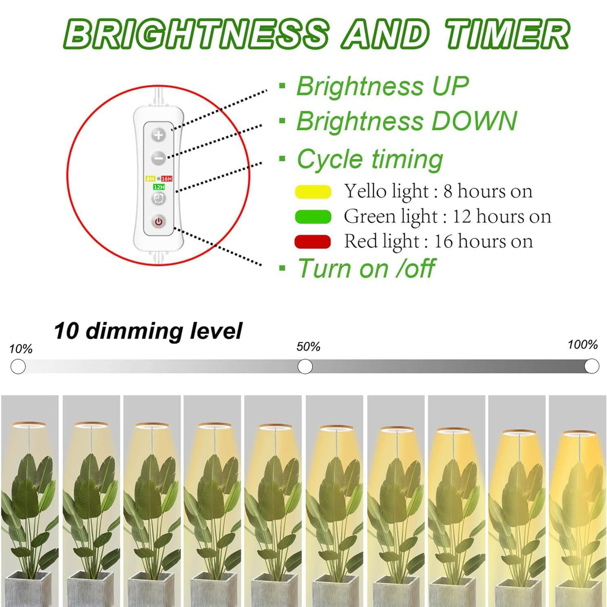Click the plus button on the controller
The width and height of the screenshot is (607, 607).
[x=159, y=135]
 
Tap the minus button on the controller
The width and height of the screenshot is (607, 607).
[x=159, y=158]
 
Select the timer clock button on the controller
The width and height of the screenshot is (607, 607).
[x=159, y=199]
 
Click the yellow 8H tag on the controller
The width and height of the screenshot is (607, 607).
[x=150, y=179]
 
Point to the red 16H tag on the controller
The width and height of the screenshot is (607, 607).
[x=166, y=179]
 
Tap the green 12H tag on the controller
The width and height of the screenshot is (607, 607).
[x=159, y=187]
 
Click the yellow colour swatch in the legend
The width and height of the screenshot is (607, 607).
[x=313, y=192]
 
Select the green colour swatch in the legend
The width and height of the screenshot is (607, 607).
[x=313, y=217]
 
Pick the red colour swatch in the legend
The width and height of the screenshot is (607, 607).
[x=313, y=242]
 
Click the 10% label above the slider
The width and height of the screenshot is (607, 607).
[x=21, y=349]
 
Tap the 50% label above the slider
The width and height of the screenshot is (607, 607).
[x=308, y=347]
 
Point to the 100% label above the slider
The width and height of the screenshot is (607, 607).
[x=583, y=345]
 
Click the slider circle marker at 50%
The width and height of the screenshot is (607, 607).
[x=305, y=366]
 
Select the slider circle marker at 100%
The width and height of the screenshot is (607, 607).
[x=592, y=366]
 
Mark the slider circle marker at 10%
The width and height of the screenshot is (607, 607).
[x=18, y=366]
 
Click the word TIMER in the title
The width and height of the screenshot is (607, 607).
[x=507, y=34]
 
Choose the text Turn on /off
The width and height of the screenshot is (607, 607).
[x=366, y=268]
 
